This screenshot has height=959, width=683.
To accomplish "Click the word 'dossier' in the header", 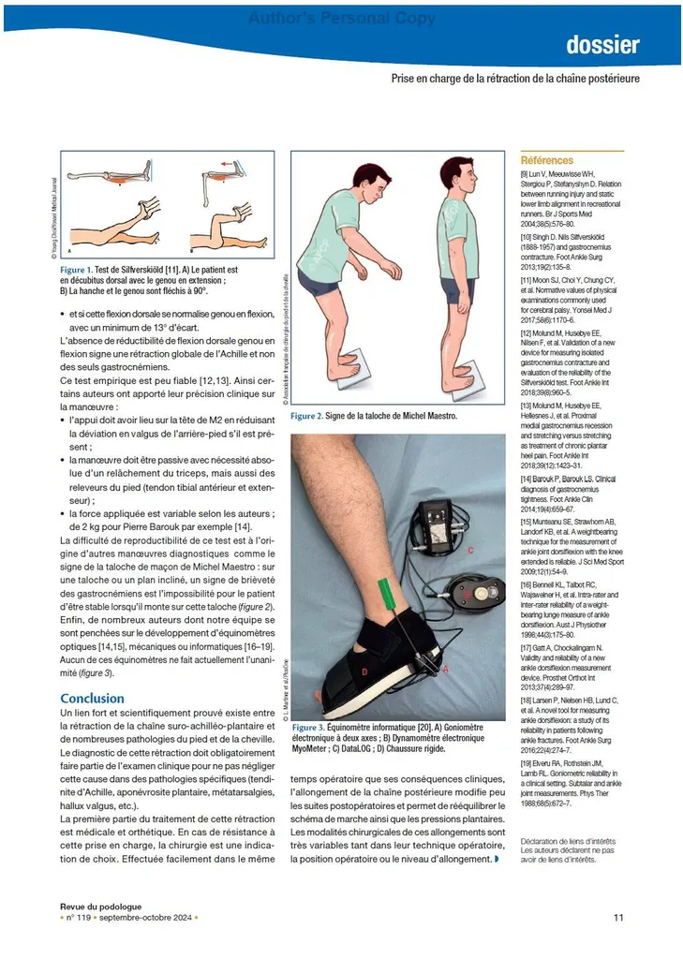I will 602,45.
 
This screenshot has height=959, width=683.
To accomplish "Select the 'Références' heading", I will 547,160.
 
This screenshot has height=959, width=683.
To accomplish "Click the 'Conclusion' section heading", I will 92,698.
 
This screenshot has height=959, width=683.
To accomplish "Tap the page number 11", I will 618,917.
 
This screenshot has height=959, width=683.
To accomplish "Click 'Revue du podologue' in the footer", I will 101,906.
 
